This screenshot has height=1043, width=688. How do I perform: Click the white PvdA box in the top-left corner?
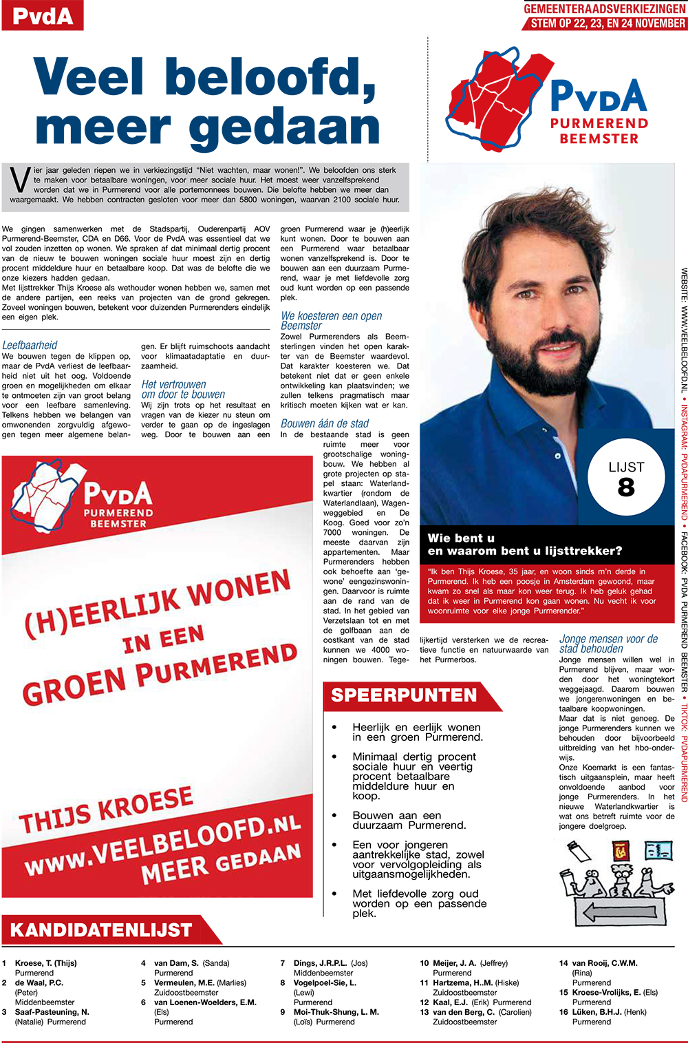43,15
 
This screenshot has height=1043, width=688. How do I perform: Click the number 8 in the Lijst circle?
626,487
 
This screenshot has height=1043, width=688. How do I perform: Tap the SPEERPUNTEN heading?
404,695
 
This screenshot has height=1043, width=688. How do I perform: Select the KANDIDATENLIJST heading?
101,930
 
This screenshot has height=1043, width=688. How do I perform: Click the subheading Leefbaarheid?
30,345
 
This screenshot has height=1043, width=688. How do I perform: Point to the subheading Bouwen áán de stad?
325,423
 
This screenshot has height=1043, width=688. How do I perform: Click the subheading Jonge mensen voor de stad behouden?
608,643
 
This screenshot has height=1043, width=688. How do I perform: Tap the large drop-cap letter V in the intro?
19,180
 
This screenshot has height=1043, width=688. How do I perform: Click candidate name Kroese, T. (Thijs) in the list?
46,963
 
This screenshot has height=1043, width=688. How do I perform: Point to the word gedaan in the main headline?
284,128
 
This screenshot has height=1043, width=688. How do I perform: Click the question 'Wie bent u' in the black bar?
462,538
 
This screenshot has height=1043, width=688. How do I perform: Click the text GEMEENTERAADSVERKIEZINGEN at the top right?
605,9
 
